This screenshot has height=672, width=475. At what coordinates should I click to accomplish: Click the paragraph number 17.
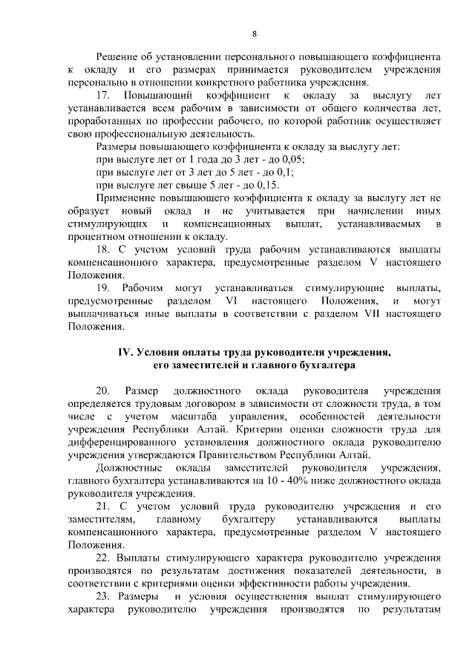pos(104,97)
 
